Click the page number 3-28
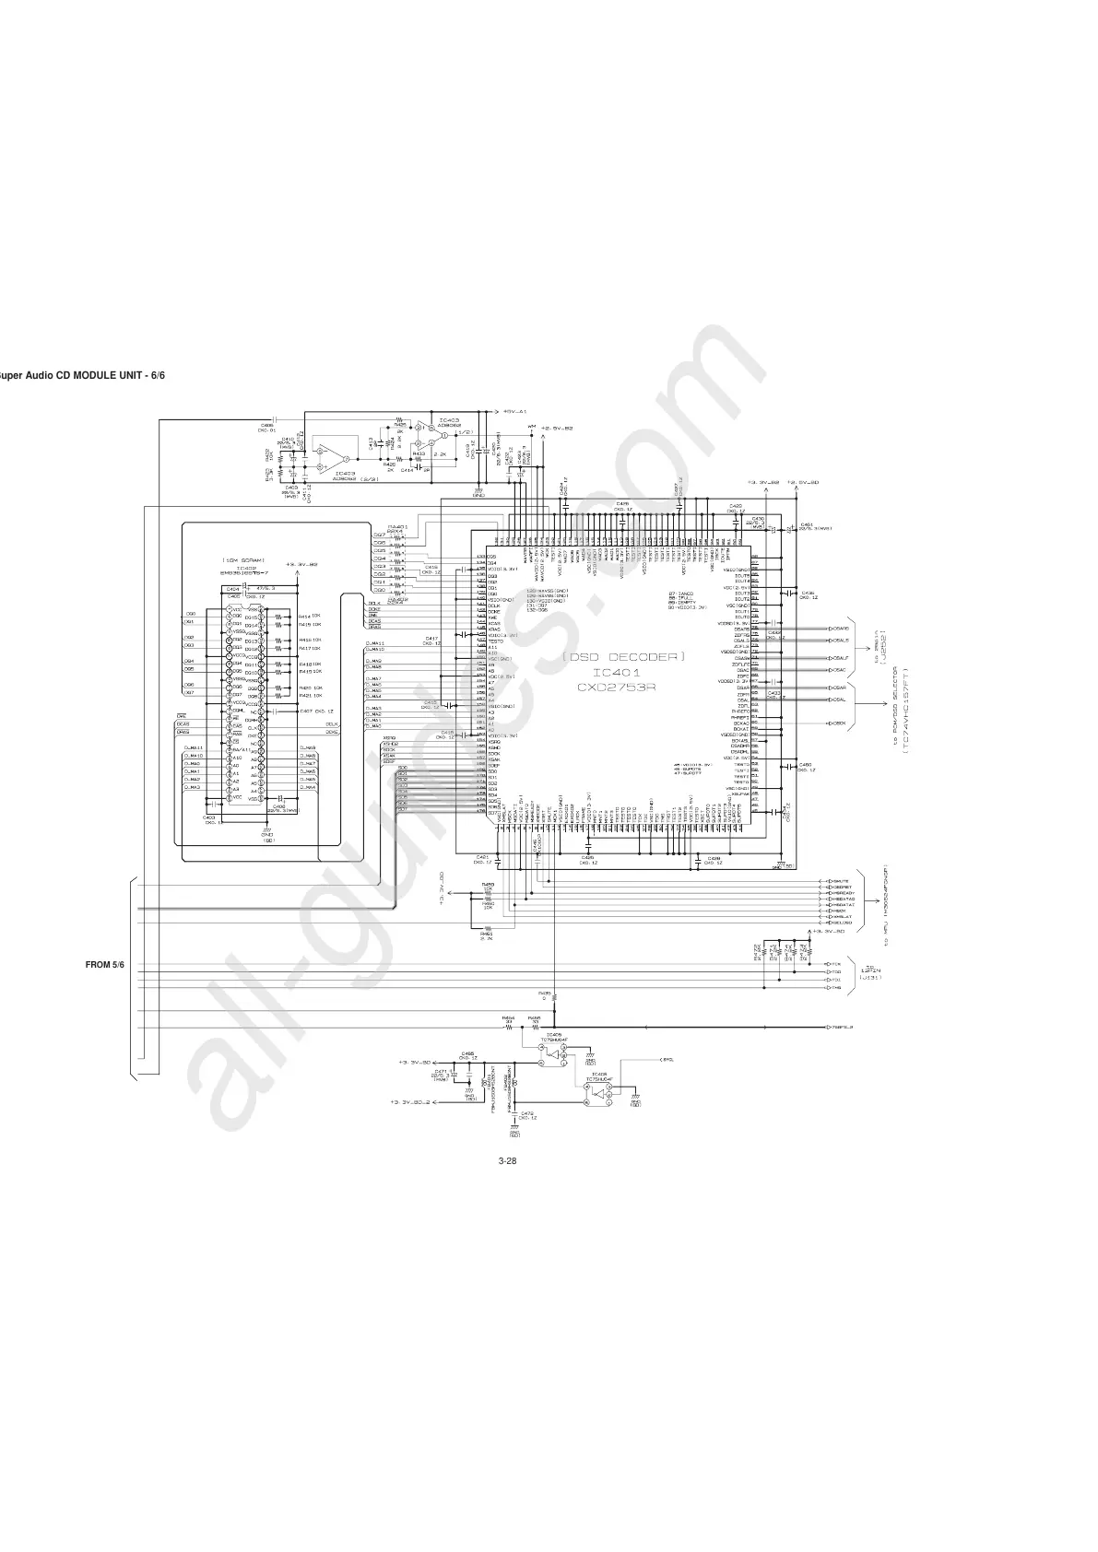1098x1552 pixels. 506,1160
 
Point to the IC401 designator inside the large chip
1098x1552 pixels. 622,673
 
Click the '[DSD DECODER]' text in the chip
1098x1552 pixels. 624,656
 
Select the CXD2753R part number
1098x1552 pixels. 623,688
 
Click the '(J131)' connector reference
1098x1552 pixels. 870,977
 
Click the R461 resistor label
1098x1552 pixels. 487,932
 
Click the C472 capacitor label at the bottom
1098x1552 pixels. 527,1112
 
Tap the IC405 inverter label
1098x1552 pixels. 553,1034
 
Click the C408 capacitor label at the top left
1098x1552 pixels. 266,425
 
